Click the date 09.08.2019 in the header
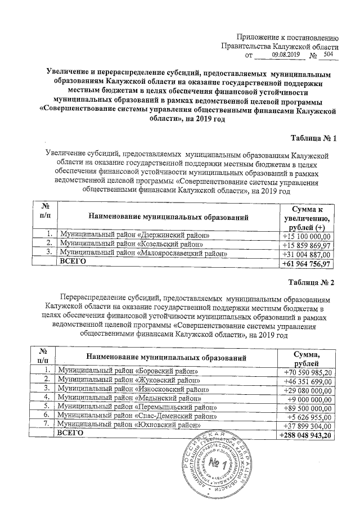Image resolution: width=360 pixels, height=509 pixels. point(286,55)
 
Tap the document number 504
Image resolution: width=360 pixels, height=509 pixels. point(328,55)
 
